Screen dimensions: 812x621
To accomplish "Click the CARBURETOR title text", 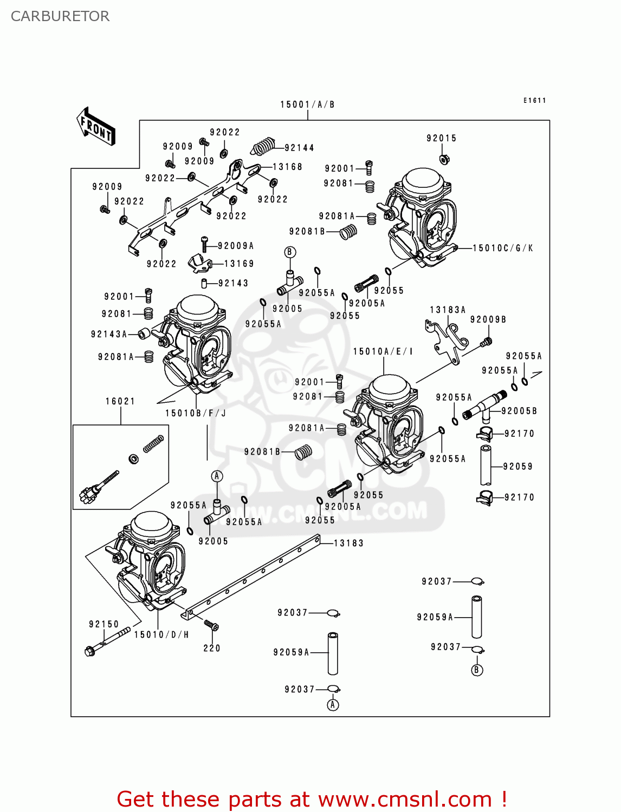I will tap(60, 16).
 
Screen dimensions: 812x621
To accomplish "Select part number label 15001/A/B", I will tap(307, 104).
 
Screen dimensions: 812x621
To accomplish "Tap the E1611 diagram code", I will tap(534, 100).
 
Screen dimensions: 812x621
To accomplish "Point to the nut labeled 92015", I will tap(443, 159).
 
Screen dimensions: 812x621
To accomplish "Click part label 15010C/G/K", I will tap(502, 248).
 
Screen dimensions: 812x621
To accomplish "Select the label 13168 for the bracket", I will tap(287, 167).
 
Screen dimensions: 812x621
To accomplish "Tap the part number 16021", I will tap(120, 401).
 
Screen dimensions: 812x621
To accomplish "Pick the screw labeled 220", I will tap(211, 626).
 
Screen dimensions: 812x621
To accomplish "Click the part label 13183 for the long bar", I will tap(348, 543).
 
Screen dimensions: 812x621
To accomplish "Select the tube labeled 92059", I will tap(486, 466).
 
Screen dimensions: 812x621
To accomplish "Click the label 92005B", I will tap(519, 411).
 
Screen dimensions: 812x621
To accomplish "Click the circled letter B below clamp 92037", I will tap(477, 670).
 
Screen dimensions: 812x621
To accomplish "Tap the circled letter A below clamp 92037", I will tap(333, 705).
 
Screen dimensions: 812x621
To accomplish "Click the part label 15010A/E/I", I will tap(383, 351).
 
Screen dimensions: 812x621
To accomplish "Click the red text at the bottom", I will tap(312, 799).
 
